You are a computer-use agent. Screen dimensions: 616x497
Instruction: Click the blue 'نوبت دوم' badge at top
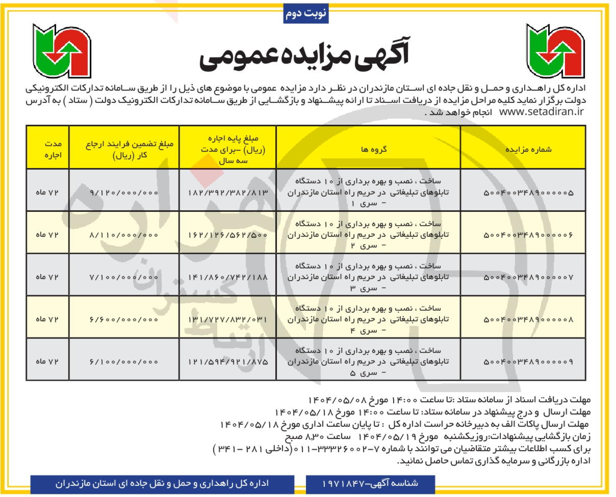coord(305,14)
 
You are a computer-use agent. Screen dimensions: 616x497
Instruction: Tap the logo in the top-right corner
coord(555,50)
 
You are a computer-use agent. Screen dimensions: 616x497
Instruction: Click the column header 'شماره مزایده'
coord(528,150)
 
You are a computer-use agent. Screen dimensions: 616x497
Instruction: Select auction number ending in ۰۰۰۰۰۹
coord(528,362)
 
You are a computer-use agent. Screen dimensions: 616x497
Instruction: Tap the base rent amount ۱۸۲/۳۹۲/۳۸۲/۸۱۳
coord(228,193)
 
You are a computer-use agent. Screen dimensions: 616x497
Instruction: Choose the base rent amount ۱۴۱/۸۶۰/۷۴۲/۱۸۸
coord(228,278)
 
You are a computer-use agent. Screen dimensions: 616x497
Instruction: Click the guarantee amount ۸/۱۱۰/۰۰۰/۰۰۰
coord(124,235)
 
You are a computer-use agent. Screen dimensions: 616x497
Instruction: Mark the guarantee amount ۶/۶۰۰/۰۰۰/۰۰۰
coord(124,320)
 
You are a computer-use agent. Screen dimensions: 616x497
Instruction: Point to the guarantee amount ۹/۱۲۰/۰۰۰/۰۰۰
coord(124,193)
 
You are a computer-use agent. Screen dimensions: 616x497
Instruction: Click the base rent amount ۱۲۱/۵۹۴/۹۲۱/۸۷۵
coord(228,362)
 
